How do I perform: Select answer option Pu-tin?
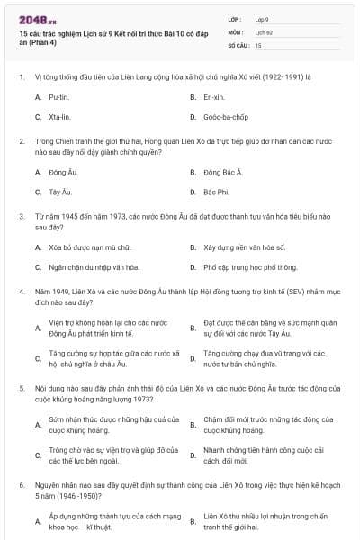click(x=58, y=96)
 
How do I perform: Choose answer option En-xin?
click(x=213, y=96)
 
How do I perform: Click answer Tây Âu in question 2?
click(x=60, y=192)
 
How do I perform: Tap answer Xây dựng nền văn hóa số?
click(x=244, y=246)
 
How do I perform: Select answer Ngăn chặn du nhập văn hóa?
click(x=94, y=267)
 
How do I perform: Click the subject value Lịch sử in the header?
click(x=264, y=31)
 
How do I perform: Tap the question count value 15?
click(x=258, y=43)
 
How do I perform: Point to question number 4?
click(x=21, y=292)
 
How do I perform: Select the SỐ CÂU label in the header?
click(x=238, y=43)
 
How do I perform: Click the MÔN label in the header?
click(x=236, y=31)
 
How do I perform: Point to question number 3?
click(x=21, y=218)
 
